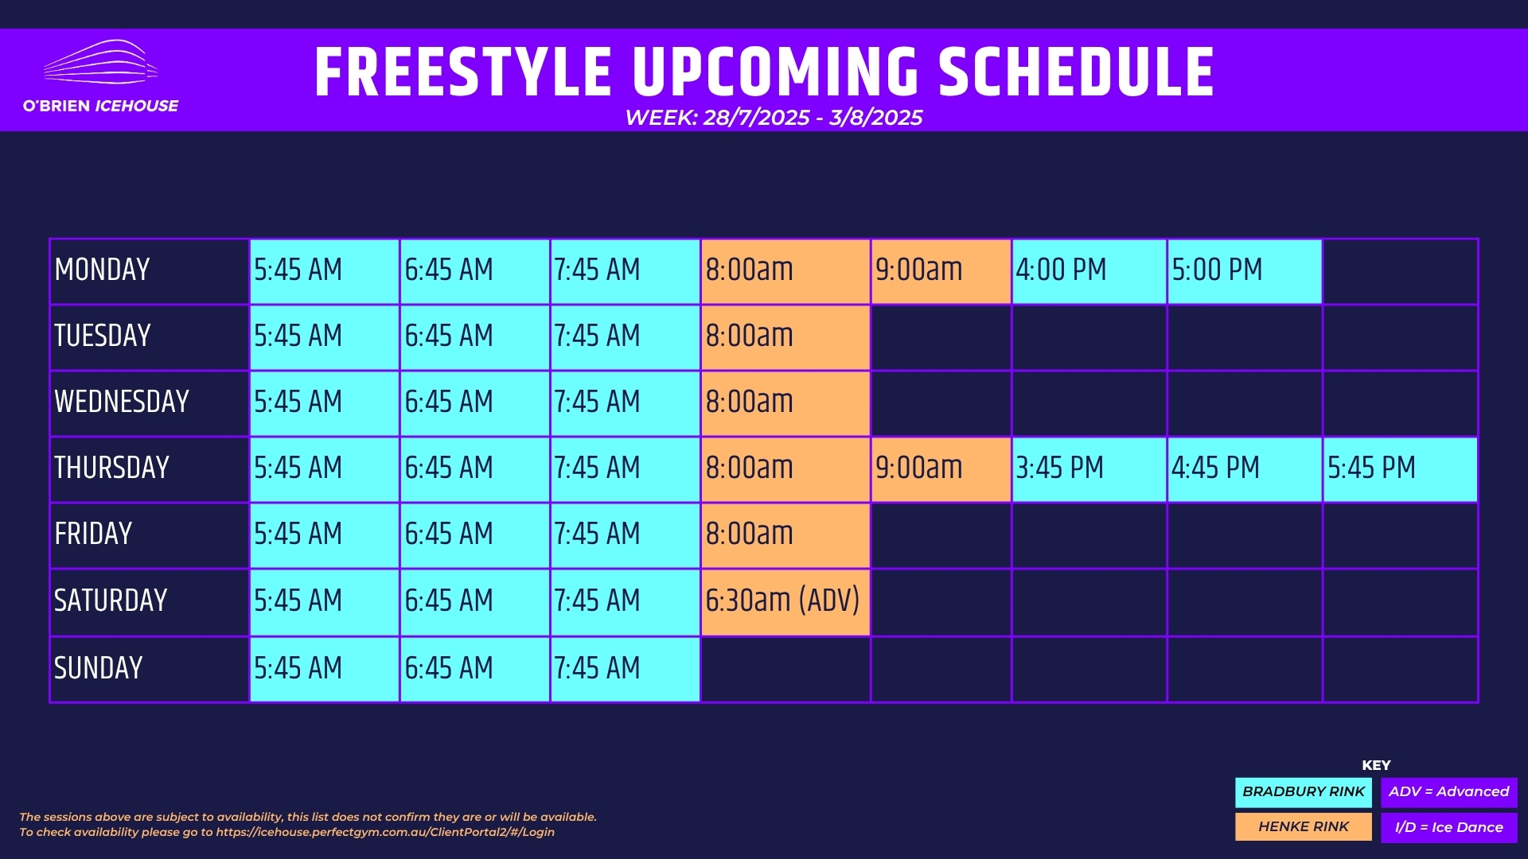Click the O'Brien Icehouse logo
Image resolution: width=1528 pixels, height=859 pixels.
101,76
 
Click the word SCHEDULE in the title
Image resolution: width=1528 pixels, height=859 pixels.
1076,72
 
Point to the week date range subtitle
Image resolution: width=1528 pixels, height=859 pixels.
774,118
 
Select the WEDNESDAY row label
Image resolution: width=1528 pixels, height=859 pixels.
122,402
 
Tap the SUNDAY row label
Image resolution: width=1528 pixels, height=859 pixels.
99,668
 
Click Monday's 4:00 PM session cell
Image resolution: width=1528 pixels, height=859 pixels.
1089,271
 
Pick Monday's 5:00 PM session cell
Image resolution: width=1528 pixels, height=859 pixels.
1245,271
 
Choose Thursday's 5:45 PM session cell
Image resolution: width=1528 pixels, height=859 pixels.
1400,469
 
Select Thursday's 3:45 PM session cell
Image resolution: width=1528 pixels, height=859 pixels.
1089,469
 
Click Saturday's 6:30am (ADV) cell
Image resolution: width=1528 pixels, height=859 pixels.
785,602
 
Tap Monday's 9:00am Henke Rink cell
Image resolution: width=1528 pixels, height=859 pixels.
941,271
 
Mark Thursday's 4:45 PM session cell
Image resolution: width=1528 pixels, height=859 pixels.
1245,469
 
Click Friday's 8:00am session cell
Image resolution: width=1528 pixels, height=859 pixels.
785,535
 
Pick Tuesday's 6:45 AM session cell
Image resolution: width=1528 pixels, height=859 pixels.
474,337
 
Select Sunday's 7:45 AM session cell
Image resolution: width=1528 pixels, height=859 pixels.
625,669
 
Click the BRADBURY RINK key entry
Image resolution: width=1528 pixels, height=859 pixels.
1304,792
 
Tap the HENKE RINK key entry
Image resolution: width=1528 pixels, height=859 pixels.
1304,827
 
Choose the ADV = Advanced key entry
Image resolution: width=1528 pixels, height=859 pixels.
1449,792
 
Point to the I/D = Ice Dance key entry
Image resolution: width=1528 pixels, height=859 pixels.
1449,827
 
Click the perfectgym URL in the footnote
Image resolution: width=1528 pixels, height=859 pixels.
385,832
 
